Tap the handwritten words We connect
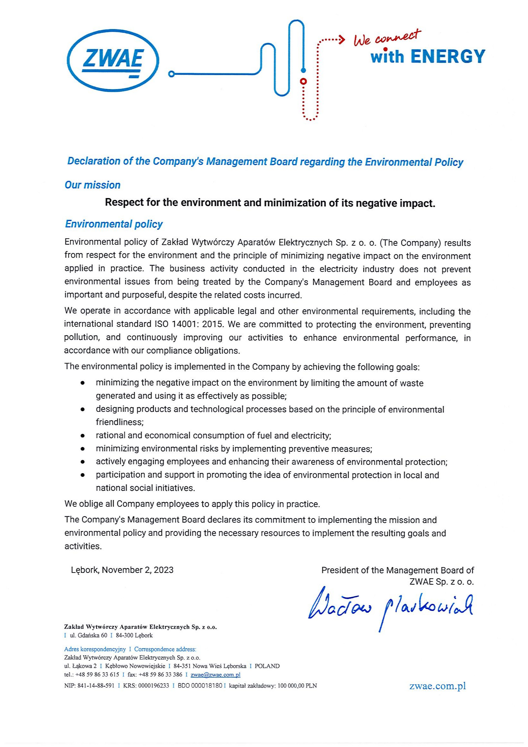387,38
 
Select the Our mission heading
92,185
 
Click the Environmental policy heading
113,224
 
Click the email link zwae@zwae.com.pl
215,675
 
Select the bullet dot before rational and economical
83,435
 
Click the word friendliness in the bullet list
119,422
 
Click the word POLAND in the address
267,666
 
